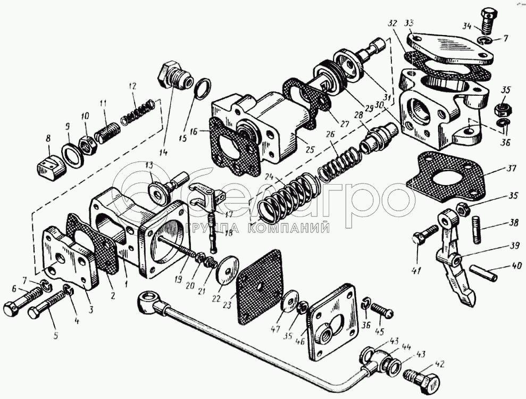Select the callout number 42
pyautogui.click(x=439, y=364)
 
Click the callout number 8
pyautogui.click(x=48, y=139)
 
